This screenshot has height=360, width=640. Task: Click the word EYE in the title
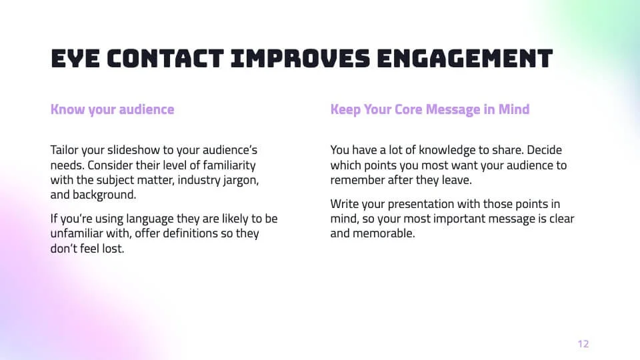75,59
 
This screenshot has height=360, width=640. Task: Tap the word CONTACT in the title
166,59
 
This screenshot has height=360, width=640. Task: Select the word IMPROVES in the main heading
301,59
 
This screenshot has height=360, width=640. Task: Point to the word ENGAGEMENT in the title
465,59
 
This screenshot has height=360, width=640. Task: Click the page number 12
583,344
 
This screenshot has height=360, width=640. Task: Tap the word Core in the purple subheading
408,109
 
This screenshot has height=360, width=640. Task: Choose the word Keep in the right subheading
345,109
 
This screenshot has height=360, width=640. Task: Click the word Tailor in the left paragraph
64,150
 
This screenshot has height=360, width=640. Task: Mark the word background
104,195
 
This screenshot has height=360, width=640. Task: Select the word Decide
545,150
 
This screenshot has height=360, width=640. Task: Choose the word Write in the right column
345,204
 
